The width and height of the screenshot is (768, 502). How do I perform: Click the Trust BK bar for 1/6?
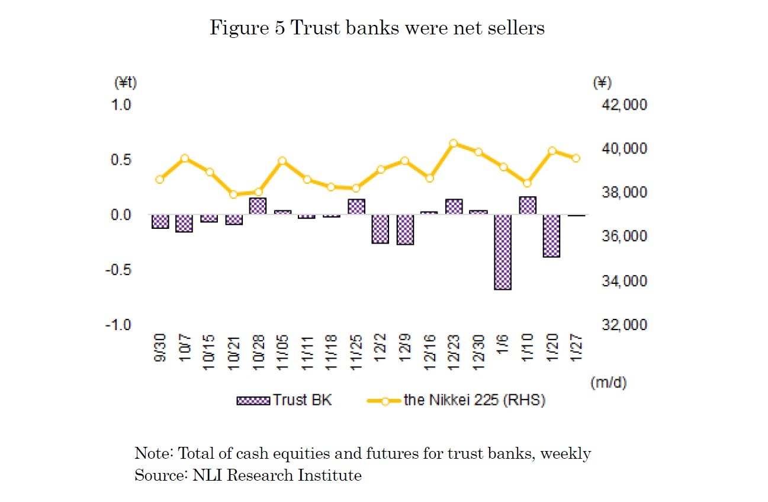tap(503, 252)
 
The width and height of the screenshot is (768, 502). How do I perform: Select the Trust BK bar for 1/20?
tap(551, 236)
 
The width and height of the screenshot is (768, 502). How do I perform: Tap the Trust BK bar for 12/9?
tap(405, 229)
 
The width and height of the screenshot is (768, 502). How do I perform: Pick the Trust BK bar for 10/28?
tap(258, 206)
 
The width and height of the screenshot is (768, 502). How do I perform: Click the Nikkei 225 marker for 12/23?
tap(454, 143)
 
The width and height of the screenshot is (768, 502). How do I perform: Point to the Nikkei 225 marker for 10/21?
tap(233, 194)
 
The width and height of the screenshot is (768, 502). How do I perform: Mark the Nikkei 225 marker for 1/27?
tap(576, 158)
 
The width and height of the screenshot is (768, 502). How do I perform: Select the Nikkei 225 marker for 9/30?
tap(160, 180)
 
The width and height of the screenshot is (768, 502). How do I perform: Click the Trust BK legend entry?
tap(284, 400)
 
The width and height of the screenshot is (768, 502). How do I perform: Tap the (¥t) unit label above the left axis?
tap(125, 83)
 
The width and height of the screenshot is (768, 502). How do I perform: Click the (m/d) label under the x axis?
tap(608, 383)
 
